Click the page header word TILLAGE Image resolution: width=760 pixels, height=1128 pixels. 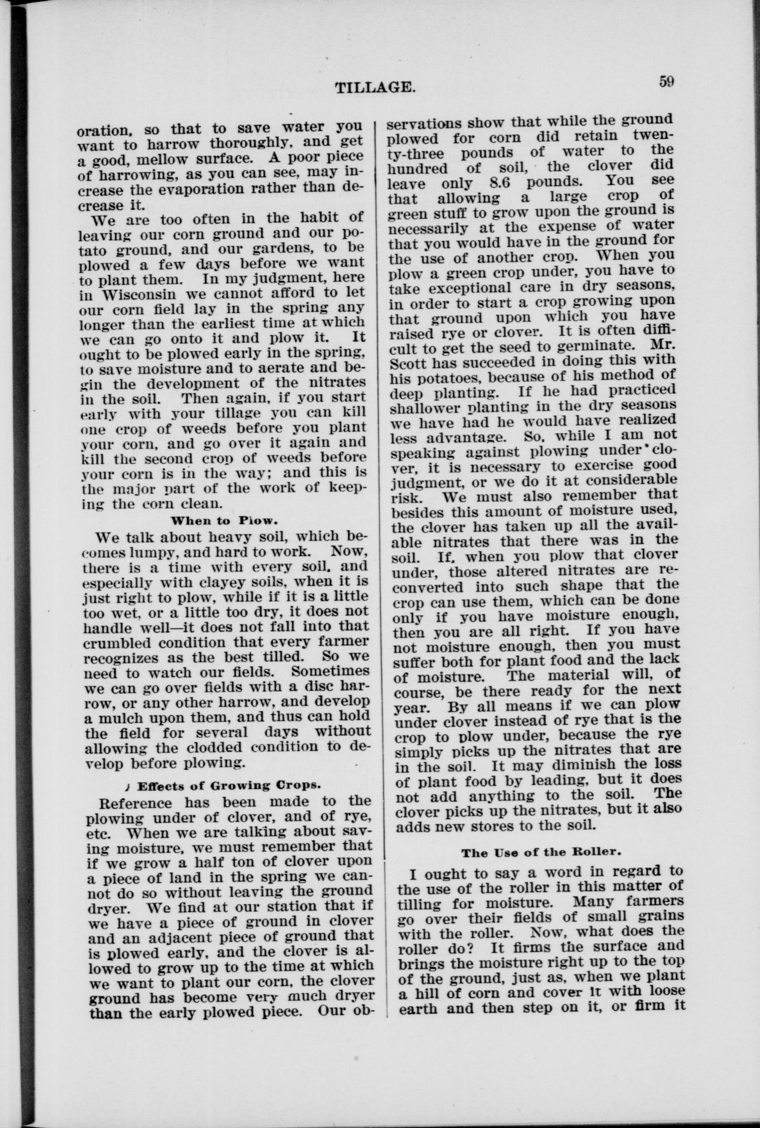pos(375,88)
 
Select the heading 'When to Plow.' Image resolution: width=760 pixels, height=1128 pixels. pos(224,521)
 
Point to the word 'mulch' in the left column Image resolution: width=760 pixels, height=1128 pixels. pos(118,717)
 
